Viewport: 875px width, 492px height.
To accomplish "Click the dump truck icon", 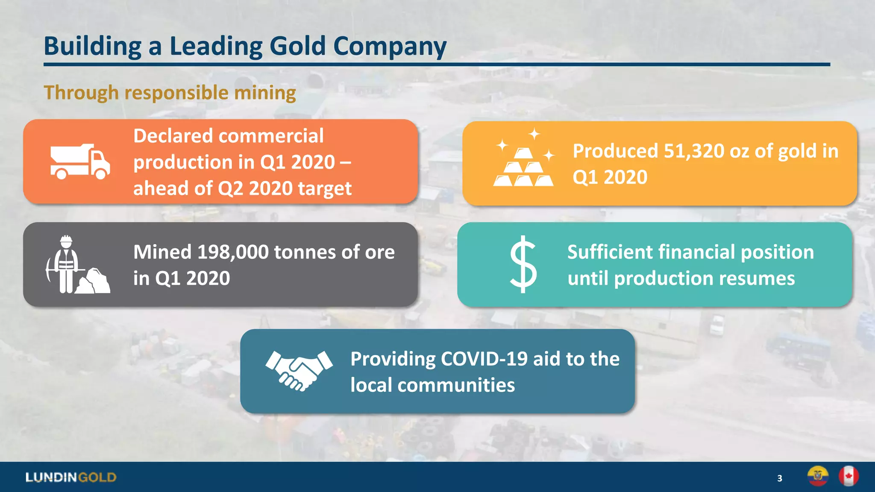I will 80,161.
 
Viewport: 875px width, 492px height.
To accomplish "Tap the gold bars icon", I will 524,161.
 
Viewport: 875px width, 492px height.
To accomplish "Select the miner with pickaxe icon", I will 77,265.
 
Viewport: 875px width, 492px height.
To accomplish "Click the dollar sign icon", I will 523,264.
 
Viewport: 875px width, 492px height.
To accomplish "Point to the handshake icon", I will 299,370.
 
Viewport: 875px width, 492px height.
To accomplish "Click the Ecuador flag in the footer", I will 818,476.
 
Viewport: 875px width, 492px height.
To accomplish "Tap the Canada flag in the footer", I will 849,476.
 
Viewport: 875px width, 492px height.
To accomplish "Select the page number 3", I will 780,478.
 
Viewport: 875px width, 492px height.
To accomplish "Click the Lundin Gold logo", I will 71,477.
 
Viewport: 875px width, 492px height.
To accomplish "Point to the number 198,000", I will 233,252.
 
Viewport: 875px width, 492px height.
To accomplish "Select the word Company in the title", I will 390,46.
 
